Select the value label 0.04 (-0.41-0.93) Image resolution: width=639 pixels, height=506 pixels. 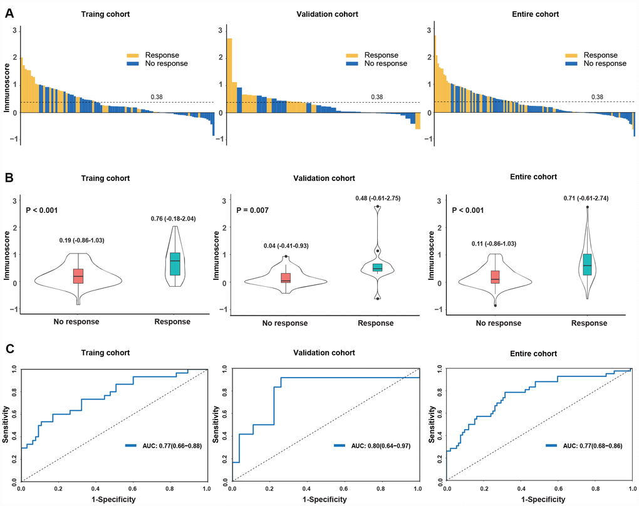coord(286,245)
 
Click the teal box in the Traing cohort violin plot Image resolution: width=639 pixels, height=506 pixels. coord(175,264)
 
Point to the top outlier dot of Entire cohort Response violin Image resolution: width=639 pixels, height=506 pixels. coord(587,207)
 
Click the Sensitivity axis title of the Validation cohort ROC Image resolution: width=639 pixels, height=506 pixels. coord(217,425)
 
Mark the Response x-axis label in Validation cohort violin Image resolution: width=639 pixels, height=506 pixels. coord(376,323)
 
